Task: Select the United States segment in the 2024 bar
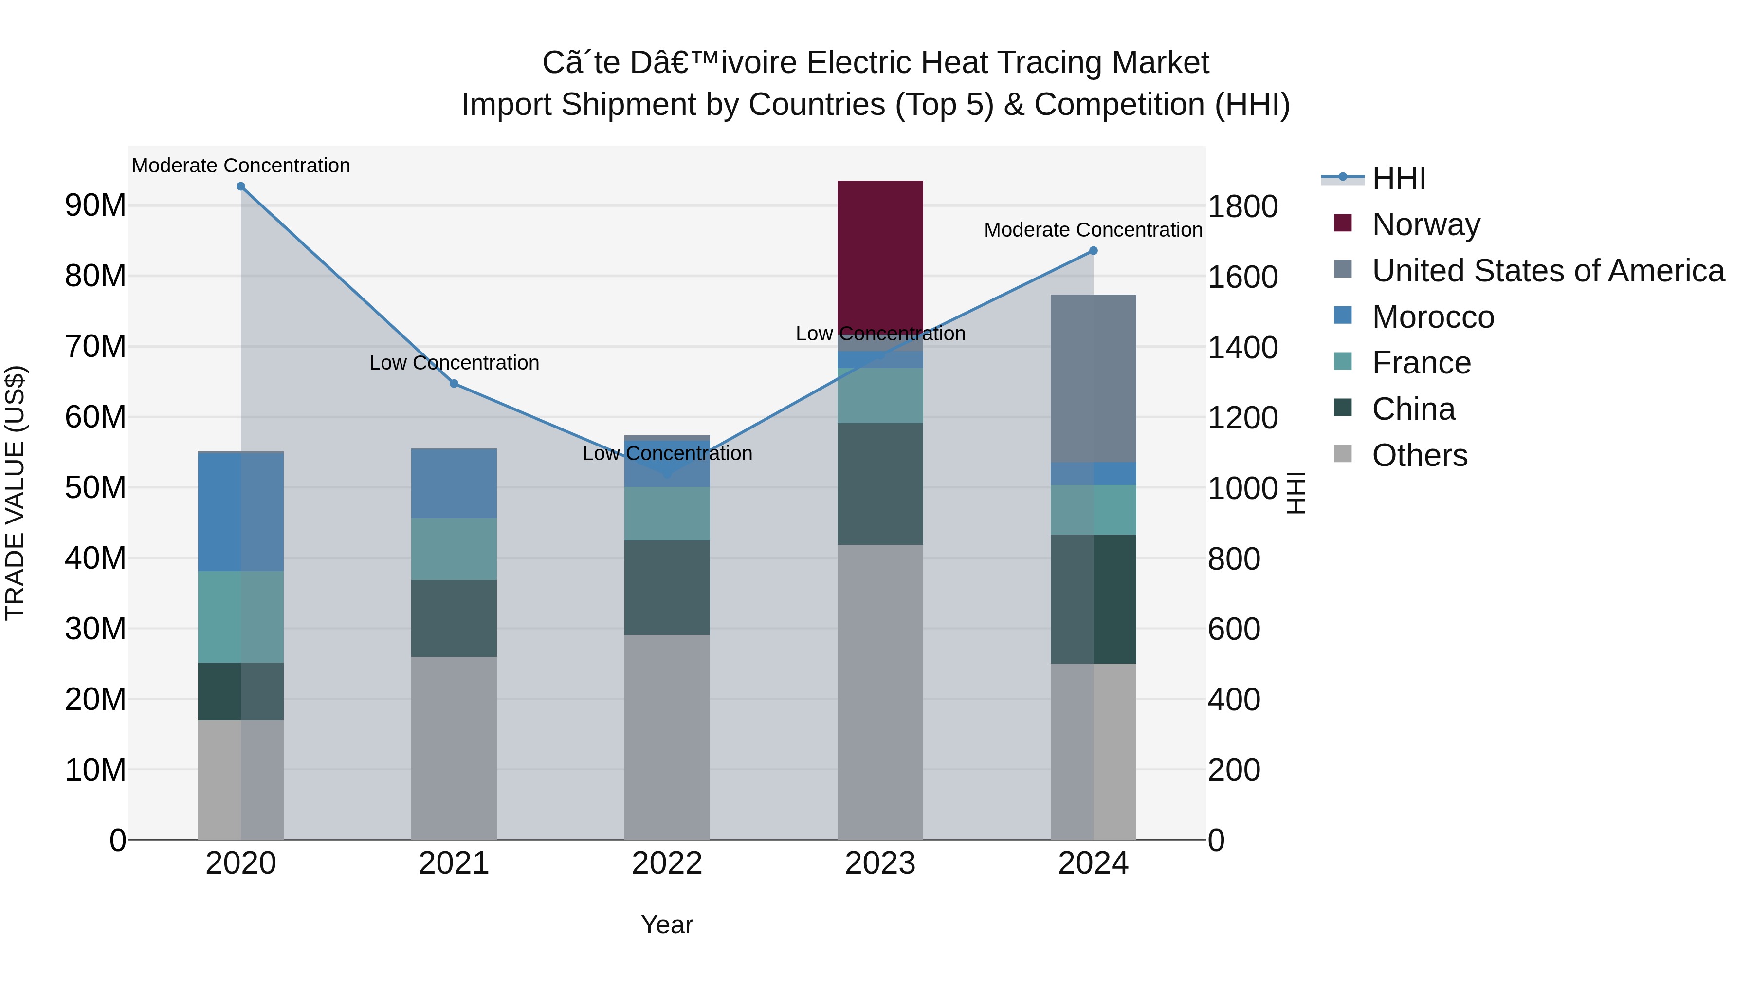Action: tap(1093, 378)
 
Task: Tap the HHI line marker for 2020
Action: tap(241, 186)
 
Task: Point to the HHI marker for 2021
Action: tap(455, 384)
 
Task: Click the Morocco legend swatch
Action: tap(1343, 316)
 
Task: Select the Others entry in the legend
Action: tap(1420, 455)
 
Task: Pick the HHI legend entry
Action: tap(1398, 178)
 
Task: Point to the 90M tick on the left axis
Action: tap(95, 205)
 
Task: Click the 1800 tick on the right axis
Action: tap(1242, 207)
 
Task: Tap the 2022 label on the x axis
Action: tap(667, 863)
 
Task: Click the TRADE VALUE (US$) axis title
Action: tap(16, 493)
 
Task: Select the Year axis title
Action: tap(667, 925)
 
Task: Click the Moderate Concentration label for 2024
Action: tap(1093, 230)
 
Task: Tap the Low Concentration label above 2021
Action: tap(455, 363)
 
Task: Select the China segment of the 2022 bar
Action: tap(667, 587)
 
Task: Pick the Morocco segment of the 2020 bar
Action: tap(241, 512)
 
